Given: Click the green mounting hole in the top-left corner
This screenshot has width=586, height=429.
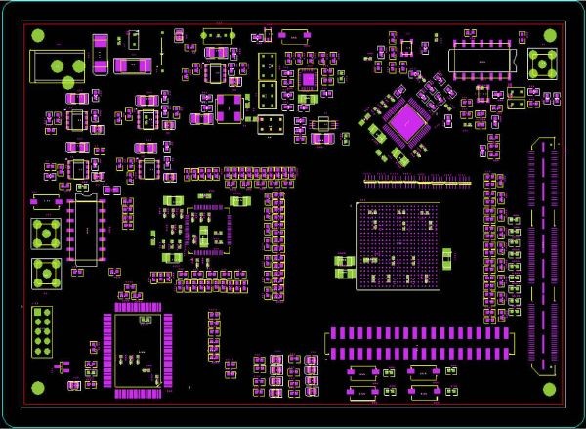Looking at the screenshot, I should point(38,36).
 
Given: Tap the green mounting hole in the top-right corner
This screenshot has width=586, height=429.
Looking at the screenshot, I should point(553,36).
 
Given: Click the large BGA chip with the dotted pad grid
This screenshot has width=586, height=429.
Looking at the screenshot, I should point(398,245).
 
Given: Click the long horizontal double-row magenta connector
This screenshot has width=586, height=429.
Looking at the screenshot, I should point(418,341).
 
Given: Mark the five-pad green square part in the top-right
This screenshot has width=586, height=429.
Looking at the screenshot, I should point(541,64).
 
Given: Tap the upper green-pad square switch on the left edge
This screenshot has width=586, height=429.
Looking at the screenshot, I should point(42,234).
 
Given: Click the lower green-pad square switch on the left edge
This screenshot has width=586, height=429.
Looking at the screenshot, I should point(42,273).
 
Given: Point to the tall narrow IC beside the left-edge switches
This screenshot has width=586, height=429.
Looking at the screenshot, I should point(86,229).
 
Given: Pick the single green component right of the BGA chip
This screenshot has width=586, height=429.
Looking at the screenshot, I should point(447,258).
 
